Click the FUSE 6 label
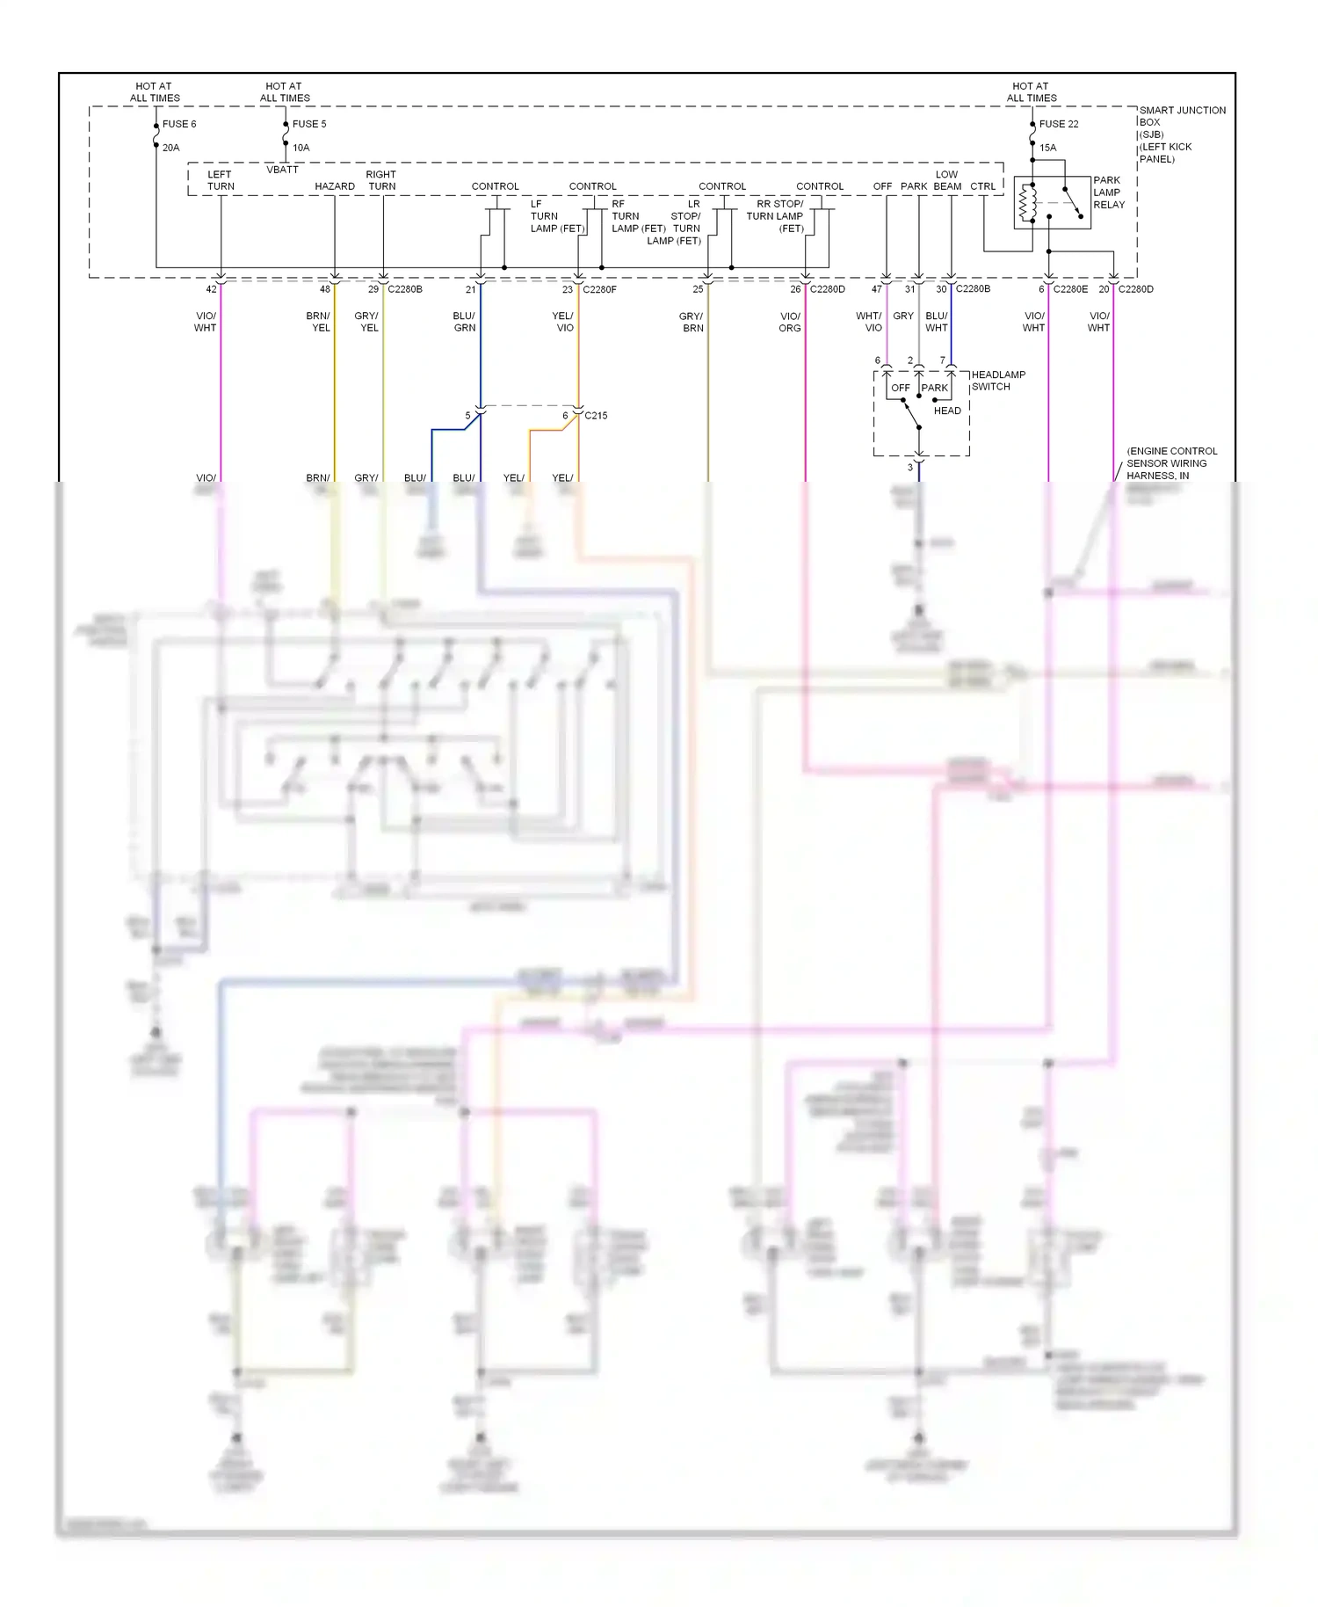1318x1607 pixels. (x=179, y=124)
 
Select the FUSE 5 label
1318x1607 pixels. (x=309, y=124)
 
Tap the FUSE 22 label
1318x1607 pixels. (x=1059, y=124)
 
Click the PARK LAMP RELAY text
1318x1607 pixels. (x=1108, y=193)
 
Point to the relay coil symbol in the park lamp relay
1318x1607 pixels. (x=1023, y=203)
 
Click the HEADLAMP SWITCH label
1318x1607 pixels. (x=997, y=381)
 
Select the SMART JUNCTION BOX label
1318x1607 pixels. (x=1181, y=134)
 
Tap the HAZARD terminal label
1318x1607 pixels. (x=335, y=186)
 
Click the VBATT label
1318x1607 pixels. (x=282, y=170)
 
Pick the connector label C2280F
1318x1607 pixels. (x=599, y=289)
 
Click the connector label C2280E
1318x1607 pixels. (x=1070, y=289)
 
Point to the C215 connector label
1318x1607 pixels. (x=596, y=416)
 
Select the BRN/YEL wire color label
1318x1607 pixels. (x=318, y=322)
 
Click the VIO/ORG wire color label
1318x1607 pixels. (x=790, y=322)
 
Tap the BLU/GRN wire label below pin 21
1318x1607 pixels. (x=464, y=322)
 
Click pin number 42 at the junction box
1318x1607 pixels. (x=211, y=289)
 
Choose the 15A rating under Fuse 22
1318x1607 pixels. (x=1047, y=148)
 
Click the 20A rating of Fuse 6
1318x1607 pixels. (x=170, y=148)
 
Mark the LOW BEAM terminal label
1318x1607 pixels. (x=947, y=180)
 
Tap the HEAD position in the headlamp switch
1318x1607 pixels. (x=947, y=411)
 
